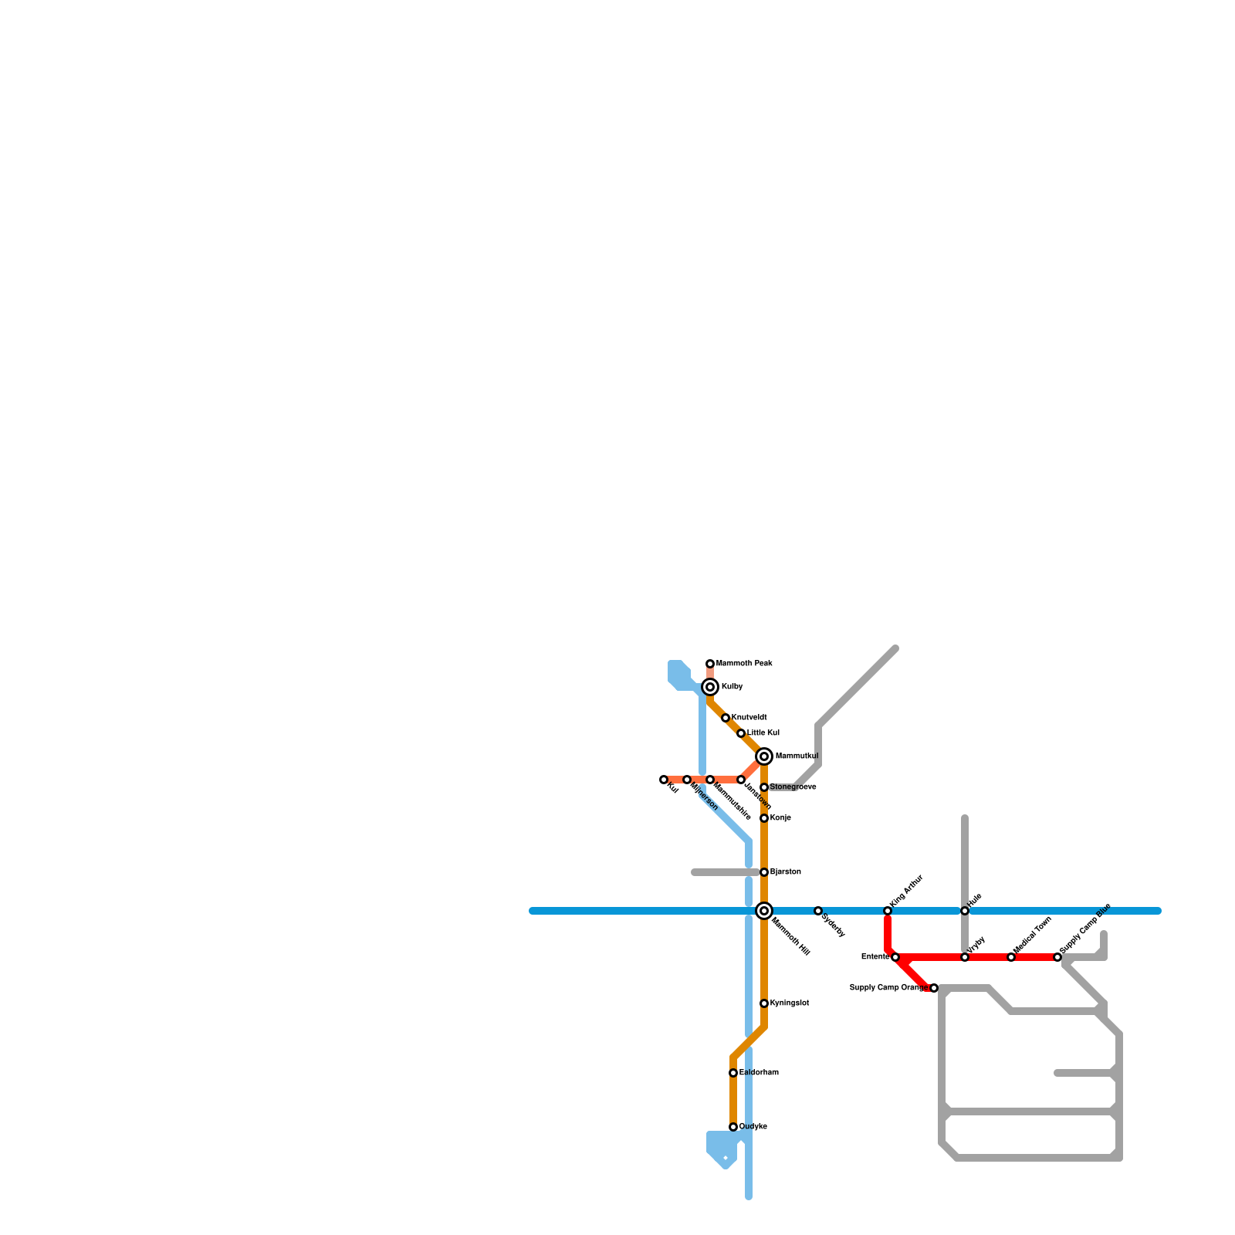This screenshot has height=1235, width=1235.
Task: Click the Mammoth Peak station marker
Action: [710, 664]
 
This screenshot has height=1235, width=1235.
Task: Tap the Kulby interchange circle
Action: [710, 687]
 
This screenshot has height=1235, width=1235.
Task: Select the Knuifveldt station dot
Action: [726, 718]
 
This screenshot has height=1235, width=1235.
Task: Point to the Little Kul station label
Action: [763, 733]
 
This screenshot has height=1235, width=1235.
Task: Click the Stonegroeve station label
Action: [793, 787]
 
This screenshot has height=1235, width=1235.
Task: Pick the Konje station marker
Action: [764, 818]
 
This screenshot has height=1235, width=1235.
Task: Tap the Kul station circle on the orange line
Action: [664, 780]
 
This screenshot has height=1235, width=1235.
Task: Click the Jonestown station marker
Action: [741, 780]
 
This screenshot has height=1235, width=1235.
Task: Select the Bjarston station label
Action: [785, 872]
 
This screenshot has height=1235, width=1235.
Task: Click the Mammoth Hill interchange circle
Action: [764, 911]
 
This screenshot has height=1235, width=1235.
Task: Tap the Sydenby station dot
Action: [818, 911]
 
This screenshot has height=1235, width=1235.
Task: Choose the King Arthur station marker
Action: [888, 911]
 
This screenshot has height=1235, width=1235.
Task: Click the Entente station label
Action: [875, 957]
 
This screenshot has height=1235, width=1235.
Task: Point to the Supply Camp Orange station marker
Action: [934, 988]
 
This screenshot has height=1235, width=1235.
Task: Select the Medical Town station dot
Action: [1011, 957]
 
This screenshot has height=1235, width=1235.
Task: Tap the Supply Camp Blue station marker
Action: [1057, 957]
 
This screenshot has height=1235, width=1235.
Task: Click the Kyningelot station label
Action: [789, 1003]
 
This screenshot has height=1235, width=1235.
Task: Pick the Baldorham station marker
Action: [733, 1073]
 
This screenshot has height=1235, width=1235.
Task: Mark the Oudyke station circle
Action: [733, 1127]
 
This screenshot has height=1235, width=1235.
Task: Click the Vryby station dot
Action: [965, 957]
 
